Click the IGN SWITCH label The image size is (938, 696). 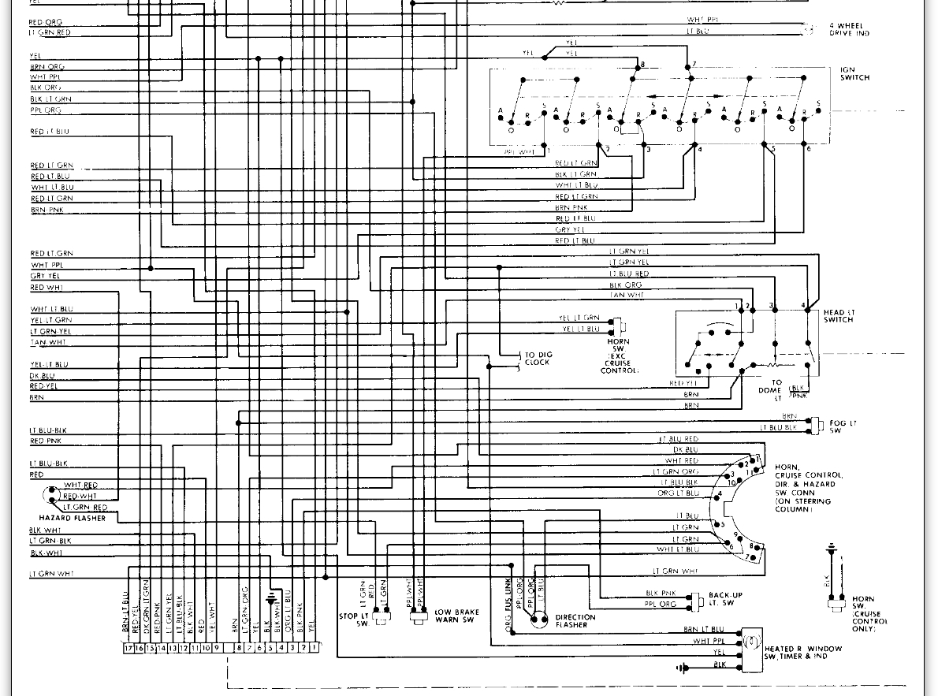[854, 74]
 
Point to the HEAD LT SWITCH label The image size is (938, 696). [839, 316]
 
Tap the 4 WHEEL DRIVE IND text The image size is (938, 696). [849, 30]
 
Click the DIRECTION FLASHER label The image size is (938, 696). [575, 621]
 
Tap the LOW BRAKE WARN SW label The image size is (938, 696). [456, 616]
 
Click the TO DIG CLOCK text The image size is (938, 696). [538, 359]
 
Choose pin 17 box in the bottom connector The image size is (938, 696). [128, 648]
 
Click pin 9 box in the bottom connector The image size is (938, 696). [216, 648]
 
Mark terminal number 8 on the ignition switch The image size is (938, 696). [643, 65]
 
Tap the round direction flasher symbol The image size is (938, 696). [539, 620]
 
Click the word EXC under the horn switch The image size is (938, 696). [619, 356]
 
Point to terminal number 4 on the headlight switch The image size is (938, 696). [803, 305]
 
